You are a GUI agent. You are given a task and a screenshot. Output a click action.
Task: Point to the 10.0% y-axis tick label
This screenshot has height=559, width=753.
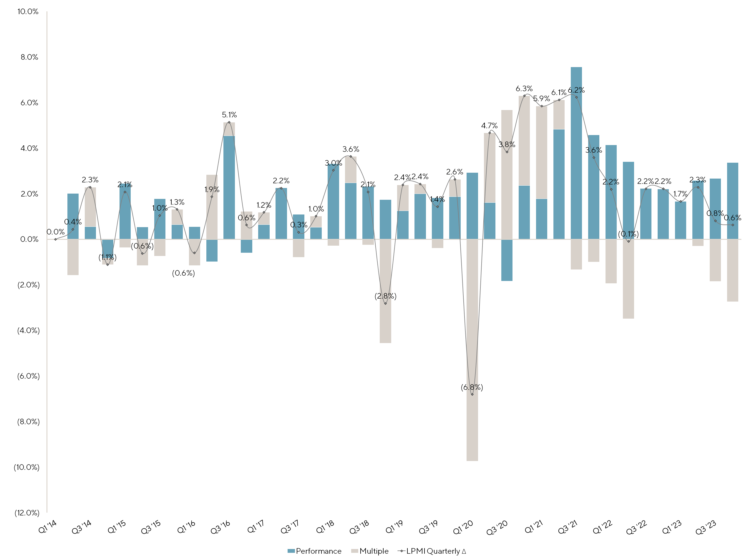point(28,11)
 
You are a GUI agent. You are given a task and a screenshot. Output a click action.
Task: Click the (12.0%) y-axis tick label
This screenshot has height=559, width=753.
point(27,513)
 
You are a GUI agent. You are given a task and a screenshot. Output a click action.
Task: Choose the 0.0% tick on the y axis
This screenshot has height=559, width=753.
point(29,239)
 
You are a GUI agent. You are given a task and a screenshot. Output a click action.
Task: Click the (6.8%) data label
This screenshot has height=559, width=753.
point(472,387)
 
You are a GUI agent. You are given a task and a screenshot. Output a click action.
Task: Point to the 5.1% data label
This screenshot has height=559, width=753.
point(229,115)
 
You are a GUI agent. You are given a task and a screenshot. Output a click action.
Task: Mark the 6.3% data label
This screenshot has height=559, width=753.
point(524,89)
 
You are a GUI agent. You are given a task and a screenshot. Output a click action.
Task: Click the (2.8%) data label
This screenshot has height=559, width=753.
point(385,296)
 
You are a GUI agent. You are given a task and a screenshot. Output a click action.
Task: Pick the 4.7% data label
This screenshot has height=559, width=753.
point(489,126)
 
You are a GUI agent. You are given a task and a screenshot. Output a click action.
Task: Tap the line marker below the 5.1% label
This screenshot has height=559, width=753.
point(229,122)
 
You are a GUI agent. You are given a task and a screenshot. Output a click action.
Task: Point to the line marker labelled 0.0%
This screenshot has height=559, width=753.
point(56,239)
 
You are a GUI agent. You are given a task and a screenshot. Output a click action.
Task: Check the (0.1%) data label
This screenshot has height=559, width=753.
point(628,234)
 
